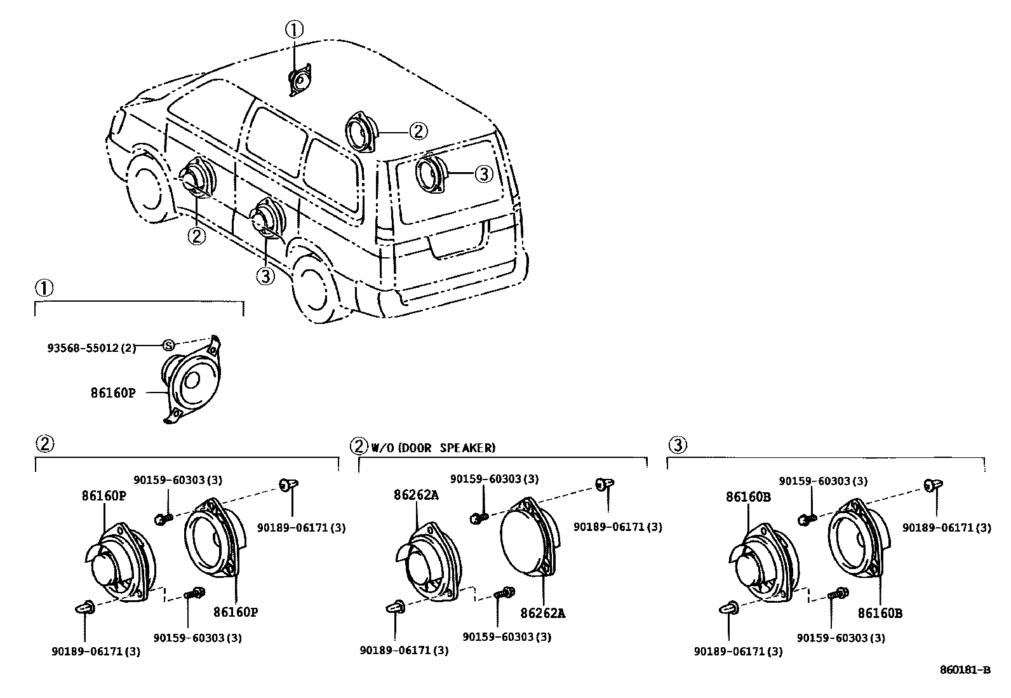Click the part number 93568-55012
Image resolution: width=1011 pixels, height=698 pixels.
tap(91, 348)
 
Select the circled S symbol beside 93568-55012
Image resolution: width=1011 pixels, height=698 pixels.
tap(168, 345)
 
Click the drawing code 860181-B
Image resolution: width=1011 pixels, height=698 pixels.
tap(965, 670)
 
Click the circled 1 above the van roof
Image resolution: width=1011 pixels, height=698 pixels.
tap(293, 29)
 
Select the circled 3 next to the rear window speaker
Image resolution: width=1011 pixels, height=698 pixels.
tap(484, 173)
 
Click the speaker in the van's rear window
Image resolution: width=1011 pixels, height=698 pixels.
tap(431, 173)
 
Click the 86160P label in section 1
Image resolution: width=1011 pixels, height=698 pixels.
tap(113, 393)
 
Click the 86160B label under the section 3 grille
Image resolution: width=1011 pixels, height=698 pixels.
tap(880, 613)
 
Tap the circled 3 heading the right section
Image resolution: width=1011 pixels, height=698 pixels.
tap(678, 445)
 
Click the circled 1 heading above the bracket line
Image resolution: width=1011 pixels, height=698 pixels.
tap(43, 289)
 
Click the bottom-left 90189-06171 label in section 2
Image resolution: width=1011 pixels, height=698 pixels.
tap(95, 651)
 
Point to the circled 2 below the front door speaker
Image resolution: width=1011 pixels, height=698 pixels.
tap(196, 236)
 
